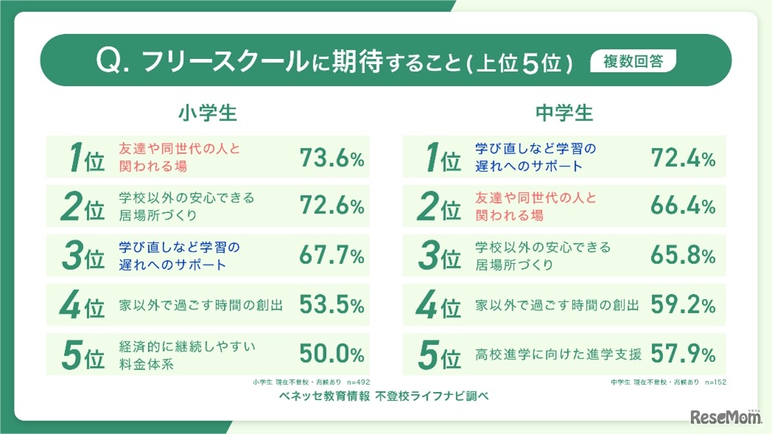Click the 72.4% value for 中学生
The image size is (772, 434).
pos(683,157)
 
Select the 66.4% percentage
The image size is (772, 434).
pos(683,206)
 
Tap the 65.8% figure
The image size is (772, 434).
pos(683,256)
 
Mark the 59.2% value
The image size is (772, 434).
pos(683,305)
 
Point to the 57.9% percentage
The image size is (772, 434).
pos(683,354)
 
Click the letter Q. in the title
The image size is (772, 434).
pos(114,61)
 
